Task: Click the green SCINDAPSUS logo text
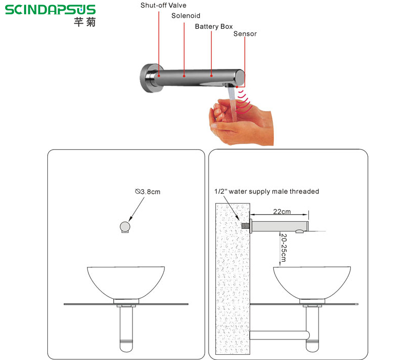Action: (x=50, y=10)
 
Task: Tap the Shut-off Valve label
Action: (x=163, y=5)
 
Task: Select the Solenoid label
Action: (x=185, y=16)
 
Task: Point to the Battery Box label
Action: (x=214, y=27)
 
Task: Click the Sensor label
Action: (x=245, y=34)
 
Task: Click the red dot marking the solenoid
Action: (x=184, y=76)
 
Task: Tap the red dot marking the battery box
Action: (x=211, y=76)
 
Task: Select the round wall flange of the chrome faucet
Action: (x=148, y=78)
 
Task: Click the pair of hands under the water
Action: (x=241, y=121)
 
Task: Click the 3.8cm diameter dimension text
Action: (x=147, y=192)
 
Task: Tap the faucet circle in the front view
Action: (x=125, y=227)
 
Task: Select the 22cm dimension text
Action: (x=282, y=211)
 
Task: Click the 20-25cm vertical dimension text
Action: (x=284, y=248)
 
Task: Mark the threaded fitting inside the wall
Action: (x=246, y=226)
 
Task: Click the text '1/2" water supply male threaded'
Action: (x=267, y=191)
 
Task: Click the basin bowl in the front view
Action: (x=126, y=283)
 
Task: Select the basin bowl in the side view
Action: (x=312, y=283)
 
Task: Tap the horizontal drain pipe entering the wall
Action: (x=279, y=335)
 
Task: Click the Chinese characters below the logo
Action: (x=85, y=22)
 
